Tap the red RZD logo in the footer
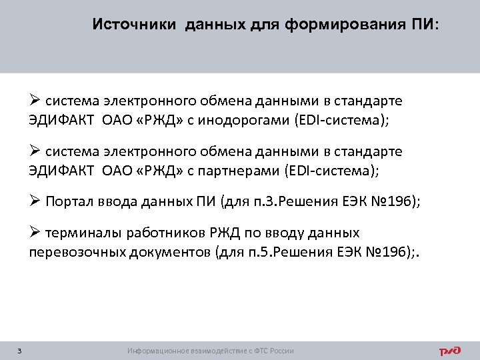coord(451,351)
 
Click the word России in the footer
coord(281,351)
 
